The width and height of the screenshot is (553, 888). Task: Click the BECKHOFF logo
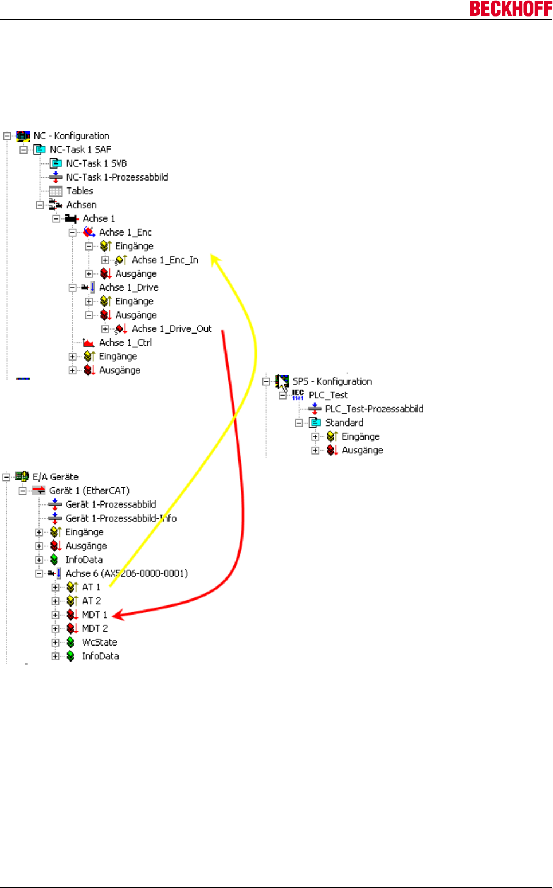coord(511,9)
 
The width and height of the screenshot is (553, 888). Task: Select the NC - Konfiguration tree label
coord(71,136)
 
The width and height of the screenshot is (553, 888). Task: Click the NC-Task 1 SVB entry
coord(96,163)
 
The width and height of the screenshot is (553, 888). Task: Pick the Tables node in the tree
coord(80,191)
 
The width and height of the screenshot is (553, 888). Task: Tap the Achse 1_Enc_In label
coord(165,260)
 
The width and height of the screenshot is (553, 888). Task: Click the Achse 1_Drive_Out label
coord(172,328)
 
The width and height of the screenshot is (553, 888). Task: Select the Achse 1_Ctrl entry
coord(125,342)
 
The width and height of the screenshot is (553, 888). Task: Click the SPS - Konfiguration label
coord(332,381)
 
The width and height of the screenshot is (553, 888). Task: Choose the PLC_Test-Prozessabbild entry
coord(374,409)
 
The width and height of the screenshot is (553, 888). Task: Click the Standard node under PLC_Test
coord(344,423)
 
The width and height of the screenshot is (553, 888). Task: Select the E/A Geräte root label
coord(56,477)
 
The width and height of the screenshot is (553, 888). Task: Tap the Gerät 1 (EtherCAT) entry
coord(89,491)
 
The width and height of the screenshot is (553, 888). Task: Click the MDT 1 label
coord(95,615)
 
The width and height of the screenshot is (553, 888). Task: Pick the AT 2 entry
coord(91,601)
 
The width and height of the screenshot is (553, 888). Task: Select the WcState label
coord(100,642)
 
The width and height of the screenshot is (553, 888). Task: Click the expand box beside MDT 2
coord(55,628)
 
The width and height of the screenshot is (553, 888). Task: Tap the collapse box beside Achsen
coord(40,205)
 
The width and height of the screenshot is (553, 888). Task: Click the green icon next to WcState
coord(70,642)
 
